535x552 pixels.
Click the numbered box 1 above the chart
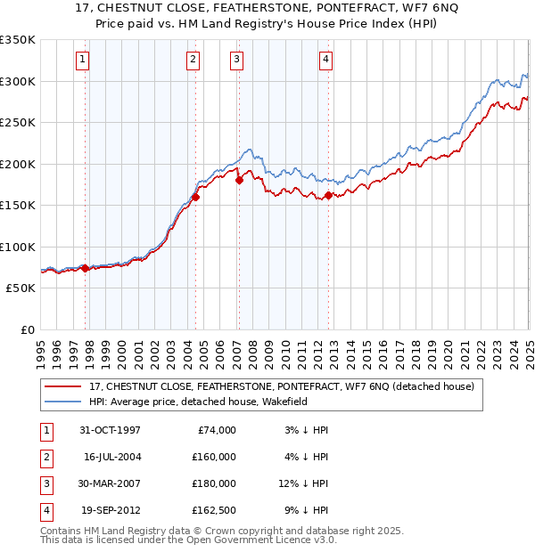[x=82, y=60]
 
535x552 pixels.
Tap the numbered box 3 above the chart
[x=236, y=60]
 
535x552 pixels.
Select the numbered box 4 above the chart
[x=326, y=60]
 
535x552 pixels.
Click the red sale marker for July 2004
[x=195, y=198]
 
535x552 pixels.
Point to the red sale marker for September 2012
[x=328, y=195]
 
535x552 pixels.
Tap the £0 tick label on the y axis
[x=27, y=329]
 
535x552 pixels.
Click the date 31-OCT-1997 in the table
[x=110, y=430]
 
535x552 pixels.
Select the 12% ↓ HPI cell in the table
[x=304, y=483]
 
